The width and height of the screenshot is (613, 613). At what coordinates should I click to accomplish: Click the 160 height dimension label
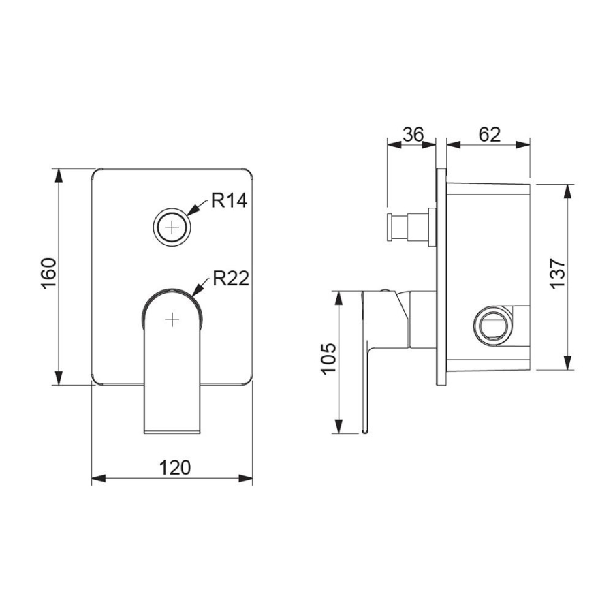[49, 273]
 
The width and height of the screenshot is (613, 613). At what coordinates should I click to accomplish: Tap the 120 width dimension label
[175, 467]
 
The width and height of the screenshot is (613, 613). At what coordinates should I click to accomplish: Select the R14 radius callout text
[229, 200]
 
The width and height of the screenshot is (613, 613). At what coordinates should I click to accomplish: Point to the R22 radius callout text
[231, 279]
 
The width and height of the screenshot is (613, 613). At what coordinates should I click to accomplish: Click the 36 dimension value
[413, 134]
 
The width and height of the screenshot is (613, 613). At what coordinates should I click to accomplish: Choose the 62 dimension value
[489, 134]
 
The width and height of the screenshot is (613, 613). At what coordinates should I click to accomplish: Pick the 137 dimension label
[558, 274]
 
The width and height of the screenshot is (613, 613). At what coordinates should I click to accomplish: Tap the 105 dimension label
[329, 358]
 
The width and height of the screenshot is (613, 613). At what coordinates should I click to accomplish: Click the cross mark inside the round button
[172, 227]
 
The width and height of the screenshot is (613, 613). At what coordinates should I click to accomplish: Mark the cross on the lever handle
[172, 320]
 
